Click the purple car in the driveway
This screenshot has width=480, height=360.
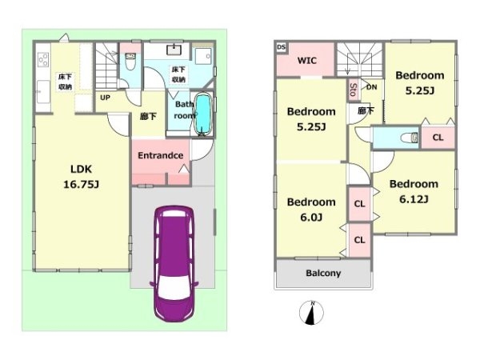174,263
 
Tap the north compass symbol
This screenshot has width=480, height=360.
311,313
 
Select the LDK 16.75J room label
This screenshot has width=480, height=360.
81,177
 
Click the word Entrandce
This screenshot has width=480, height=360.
161,155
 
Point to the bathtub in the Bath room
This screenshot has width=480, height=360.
203,114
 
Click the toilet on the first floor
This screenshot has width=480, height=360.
130,62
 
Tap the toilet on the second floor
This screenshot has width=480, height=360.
410,138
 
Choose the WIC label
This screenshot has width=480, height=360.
306,60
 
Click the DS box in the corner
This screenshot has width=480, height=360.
282,47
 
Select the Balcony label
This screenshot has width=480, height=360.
323,273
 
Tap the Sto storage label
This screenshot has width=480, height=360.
353,90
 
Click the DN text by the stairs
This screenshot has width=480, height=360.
372,87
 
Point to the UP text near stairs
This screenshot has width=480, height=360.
105,98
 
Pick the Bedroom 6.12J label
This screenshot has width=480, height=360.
414,192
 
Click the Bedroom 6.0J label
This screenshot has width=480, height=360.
311,210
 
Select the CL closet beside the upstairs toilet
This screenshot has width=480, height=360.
438,138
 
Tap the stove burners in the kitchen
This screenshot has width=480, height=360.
43,59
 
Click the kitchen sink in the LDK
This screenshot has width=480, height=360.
43,91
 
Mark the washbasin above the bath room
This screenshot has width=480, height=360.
174,50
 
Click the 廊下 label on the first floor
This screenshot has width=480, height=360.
148,117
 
